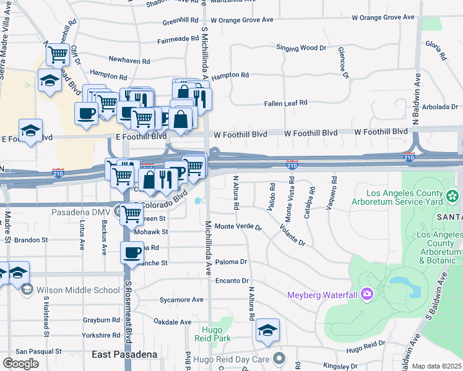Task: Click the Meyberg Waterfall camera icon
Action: pos(366,294)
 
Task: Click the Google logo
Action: pos(20,364)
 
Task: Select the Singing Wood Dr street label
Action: pos(301,48)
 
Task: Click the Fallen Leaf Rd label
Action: pos(285,104)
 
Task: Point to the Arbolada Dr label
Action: pos(440,107)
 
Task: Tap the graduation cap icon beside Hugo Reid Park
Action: pos(268,330)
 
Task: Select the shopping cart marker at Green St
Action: pos(131,213)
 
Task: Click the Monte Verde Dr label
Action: pos(238,226)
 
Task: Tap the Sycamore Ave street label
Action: pos(181,300)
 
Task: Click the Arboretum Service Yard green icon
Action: pos(452,197)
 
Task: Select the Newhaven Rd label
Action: pos(129,61)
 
